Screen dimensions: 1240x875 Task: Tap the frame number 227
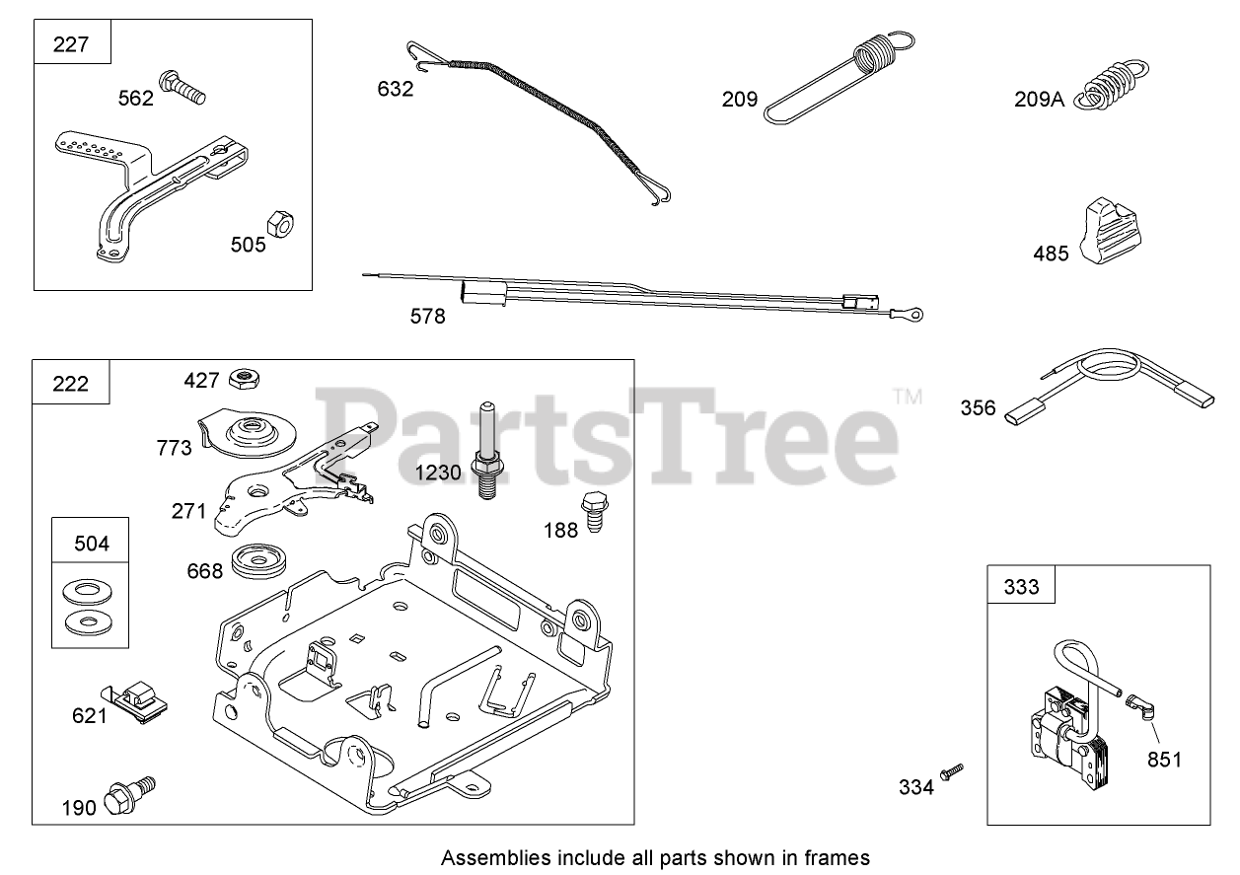[x=71, y=44]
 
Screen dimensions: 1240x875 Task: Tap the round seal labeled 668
[x=258, y=563]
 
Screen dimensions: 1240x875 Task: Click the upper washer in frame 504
[x=88, y=592]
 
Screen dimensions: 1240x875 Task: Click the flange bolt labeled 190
[x=128, y=792]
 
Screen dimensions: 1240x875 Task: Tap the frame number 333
[x=1021, y=587]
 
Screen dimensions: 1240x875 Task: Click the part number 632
[x=395, y=89]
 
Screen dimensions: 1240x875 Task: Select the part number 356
[x=978, y=407]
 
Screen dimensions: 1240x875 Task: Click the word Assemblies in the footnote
[x=485, y=856]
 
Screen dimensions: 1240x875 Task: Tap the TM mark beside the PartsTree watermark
[x=907, y=397]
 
